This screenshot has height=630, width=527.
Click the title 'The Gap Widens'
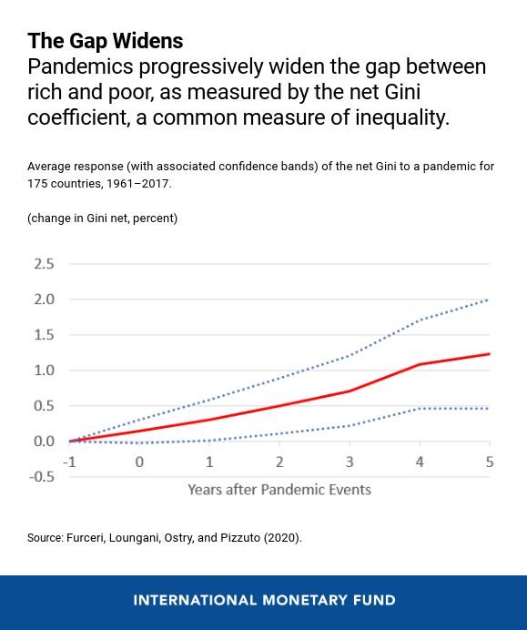[x=105, y=41]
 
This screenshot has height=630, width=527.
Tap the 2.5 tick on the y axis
[x=44, y=264]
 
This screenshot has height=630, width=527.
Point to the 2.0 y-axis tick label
[x=44, y=300]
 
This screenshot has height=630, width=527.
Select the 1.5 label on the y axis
[x=44, y=335]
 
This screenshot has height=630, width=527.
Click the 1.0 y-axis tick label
[x=44, y=371]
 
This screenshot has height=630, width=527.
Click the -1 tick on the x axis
[x=69, y=462]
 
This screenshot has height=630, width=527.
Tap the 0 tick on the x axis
[x=139, y=462]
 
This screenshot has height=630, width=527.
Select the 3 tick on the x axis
[x=350, y=462]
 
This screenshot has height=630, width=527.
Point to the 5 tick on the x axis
[x=490, y=462]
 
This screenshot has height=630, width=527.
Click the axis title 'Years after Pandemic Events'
[x=279, y=490]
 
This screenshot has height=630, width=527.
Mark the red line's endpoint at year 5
[x=490, y=354]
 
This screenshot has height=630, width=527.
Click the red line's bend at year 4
[x=420, y=364]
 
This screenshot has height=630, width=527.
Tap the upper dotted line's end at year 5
[x=490, y=300]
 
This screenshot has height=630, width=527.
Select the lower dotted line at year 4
[x=420, y=408]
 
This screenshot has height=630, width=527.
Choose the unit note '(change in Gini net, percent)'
[x=102, y=218]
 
